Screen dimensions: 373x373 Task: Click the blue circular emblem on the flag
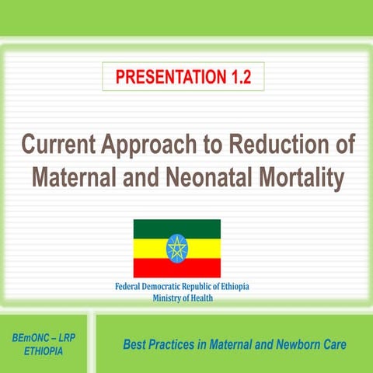pyautogui.click(x=177, y=249)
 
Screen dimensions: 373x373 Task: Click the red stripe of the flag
pyautogui.click(x=148, y=269)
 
